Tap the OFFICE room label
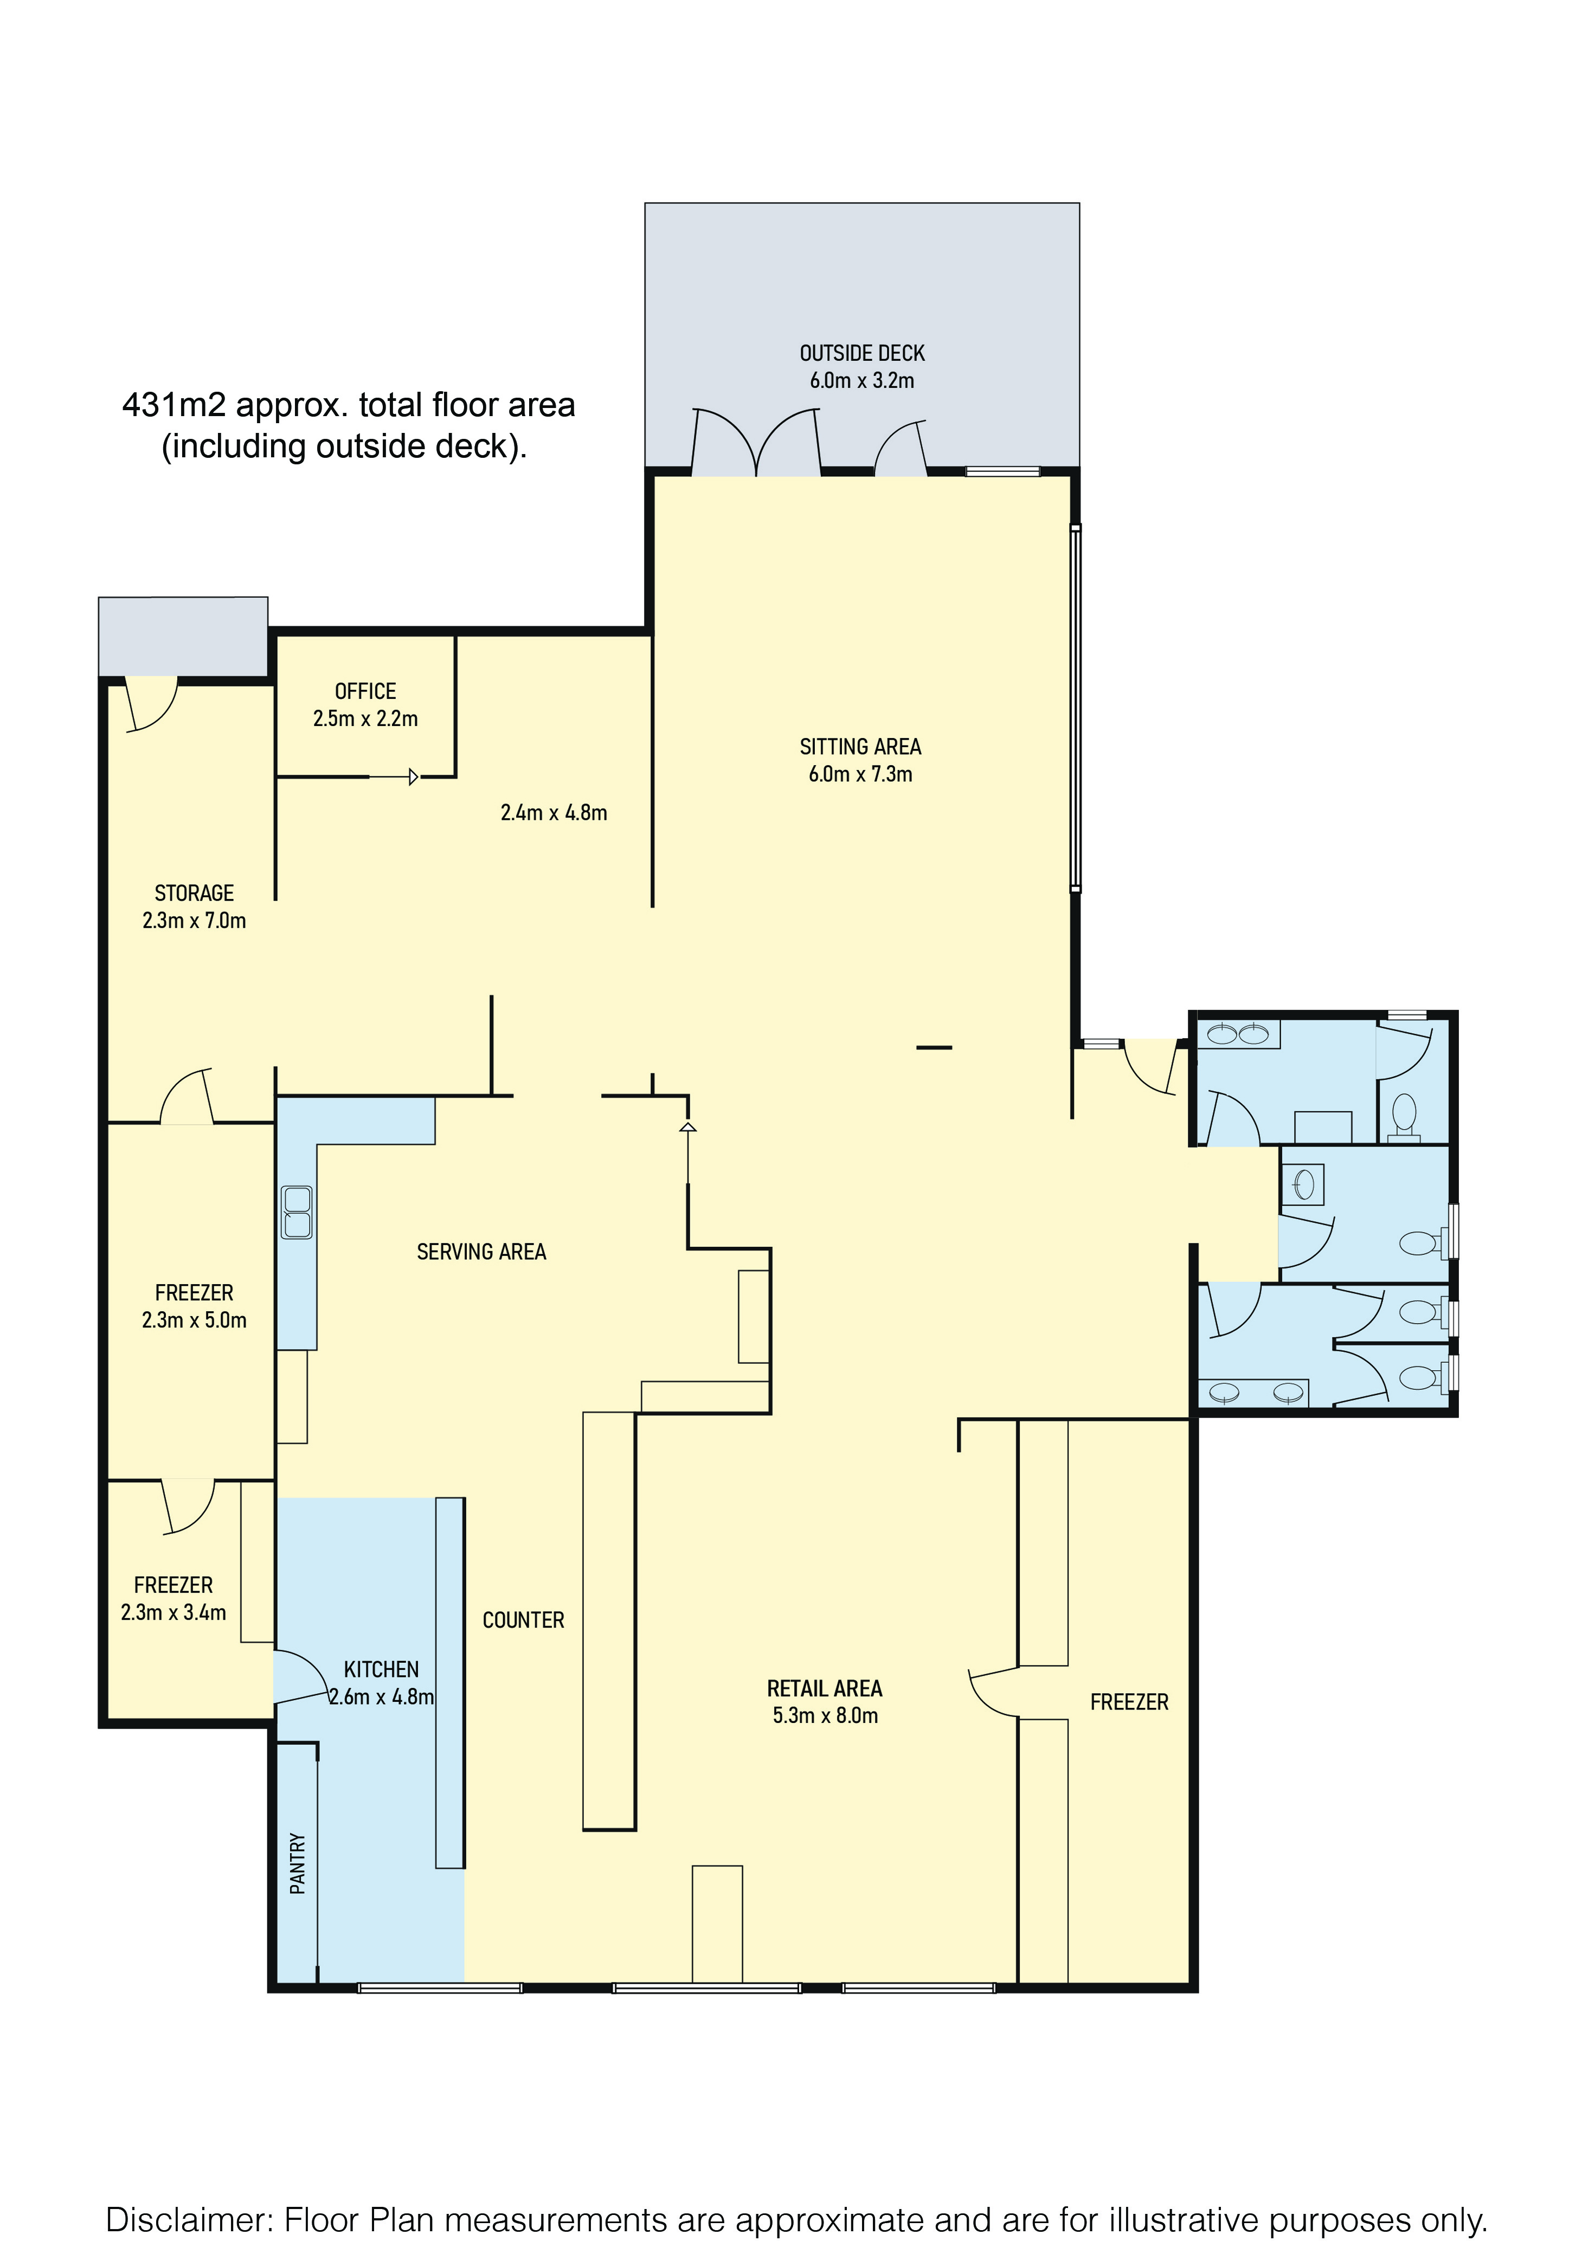[x=365, y=691]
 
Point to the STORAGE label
[x=195, y=893]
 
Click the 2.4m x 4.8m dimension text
[x=554, y=813]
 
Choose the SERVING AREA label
[x=481, y=1252]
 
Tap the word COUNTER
[x=524, y=1620]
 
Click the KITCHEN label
[x=381, y=1669]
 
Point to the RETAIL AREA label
[x=825, y=1688]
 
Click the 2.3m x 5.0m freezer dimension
[x=195, y=1320]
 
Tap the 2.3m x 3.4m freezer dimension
[x=174, y=1613]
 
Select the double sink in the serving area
[x=297, y=1213]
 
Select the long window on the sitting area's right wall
[x=1076, y=708]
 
